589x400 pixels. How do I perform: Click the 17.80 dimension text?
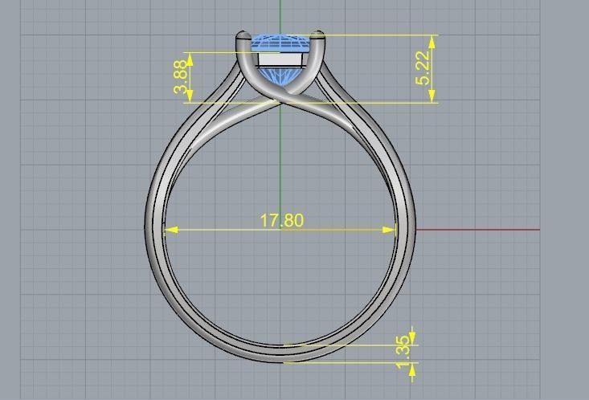282,220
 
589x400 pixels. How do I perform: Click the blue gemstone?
280,43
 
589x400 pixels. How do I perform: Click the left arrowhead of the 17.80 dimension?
169,230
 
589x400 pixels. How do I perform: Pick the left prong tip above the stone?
242,35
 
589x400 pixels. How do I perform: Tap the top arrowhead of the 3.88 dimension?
190,57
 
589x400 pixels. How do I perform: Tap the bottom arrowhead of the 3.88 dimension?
190,98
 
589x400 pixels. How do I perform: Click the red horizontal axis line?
482,230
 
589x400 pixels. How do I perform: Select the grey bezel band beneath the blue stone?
280,59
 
